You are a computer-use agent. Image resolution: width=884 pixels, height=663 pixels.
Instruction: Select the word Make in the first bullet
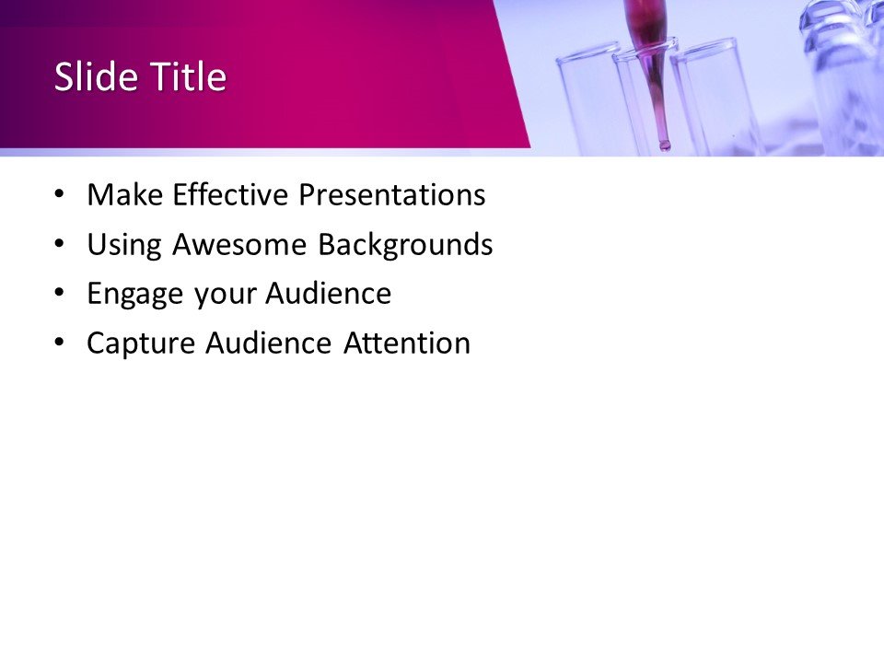click(x=124, y=195)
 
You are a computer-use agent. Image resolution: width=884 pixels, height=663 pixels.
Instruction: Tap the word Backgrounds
click(x=405, y=245)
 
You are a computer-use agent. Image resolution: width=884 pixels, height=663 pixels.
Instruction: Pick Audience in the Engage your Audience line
click(x=329, y=295)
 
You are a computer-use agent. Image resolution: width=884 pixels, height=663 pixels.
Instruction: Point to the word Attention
click(x=407, y=343)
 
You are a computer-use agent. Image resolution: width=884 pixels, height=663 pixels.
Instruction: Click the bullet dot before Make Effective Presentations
click(x=60, y=194)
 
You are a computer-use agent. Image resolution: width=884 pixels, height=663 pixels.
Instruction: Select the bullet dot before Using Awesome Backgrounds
click(x=60, y=244)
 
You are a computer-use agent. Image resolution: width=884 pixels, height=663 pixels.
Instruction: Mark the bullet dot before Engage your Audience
click(x=60, y=294)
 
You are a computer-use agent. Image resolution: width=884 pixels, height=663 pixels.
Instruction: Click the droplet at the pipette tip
click(x=664, y=145)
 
